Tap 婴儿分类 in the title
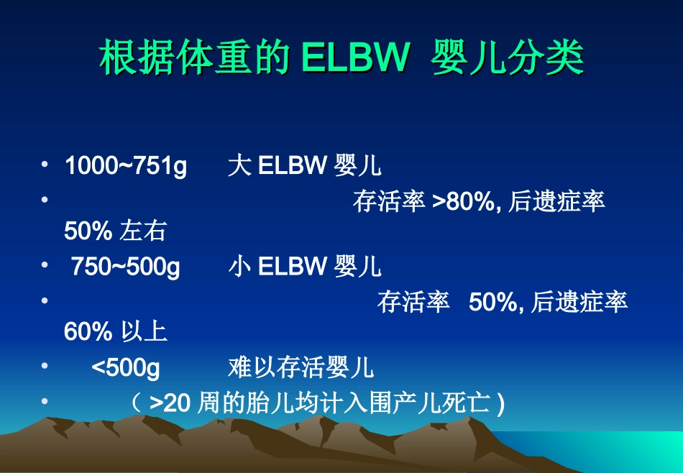[x=508, y=59]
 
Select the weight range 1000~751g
[x=126, y=166]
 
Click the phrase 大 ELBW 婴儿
[x=304, y=166]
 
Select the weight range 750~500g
[x=125, y=267]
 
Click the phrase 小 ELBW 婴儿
[x=304, y=267]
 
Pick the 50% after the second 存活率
[x=493, y=303]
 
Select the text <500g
[x=126, y=368]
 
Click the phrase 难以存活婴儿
[x=301, y=368]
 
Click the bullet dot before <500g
[x=45, y=366]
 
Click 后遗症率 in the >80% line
[x=556, y=201]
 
